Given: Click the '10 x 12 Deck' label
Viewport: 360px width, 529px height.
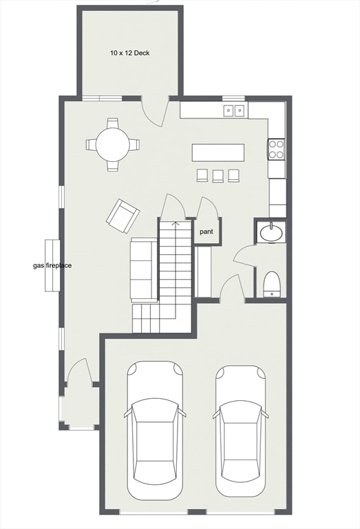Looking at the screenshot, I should (x=131, y=52).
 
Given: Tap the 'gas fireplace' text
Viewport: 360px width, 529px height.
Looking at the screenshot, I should (x=53, y=265).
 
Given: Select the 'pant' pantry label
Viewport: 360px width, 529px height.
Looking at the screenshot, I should (x=207, y=232).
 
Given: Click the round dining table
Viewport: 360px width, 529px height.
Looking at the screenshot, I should (x=112, y=145).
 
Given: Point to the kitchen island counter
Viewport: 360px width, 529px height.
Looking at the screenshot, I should (x=218, y=152).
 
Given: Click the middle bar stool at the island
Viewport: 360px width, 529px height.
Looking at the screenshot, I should (x=218, y=176).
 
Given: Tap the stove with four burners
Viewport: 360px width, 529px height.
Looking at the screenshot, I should (x=277, y=149).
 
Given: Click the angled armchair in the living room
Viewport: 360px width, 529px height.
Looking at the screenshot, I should (x=123, y=215).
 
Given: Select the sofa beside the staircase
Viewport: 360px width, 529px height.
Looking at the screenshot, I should (x=145, y=270).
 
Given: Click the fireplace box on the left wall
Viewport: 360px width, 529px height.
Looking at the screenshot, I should (x=52, y=266).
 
